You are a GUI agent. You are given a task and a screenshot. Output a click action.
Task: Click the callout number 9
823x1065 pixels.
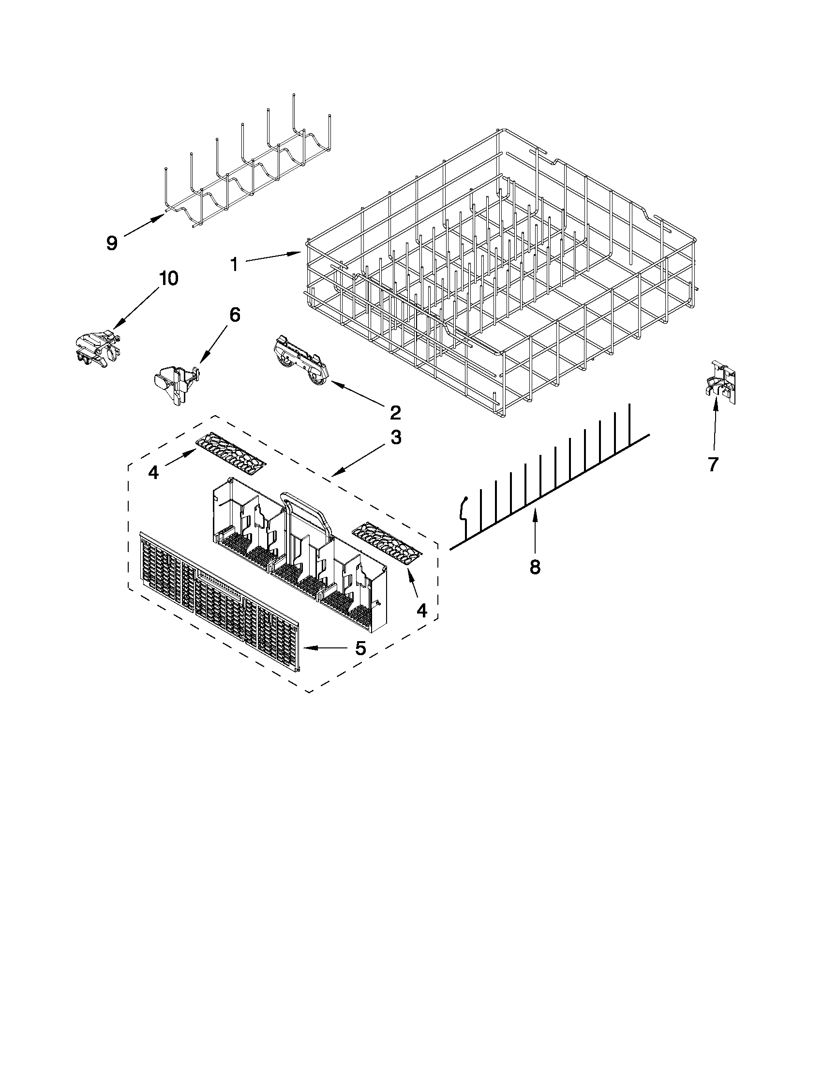112,243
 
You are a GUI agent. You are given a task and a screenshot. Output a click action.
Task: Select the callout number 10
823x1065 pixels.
167,279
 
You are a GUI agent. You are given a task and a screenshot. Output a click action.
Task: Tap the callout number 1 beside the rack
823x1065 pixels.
234,265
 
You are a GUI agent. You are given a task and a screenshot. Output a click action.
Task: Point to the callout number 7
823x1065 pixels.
713,465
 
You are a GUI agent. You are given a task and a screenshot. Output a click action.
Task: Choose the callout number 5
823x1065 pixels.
360,648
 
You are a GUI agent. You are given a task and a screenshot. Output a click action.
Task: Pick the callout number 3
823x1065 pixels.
395,437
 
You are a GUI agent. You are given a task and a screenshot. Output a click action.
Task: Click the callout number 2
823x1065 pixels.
395,413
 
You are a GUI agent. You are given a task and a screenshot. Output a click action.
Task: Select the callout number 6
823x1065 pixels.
235,315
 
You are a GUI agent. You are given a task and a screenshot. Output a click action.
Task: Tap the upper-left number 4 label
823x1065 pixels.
153,472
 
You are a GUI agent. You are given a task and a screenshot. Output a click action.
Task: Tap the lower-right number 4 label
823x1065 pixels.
422,610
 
